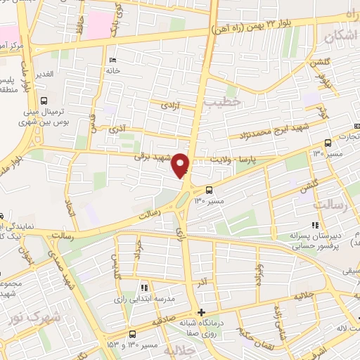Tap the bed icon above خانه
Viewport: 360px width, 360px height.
[113, 60]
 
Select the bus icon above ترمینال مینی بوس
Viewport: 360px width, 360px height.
[45, 101]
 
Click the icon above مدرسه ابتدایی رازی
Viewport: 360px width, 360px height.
[143, 288]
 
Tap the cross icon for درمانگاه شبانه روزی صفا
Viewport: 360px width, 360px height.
[202, 312]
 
